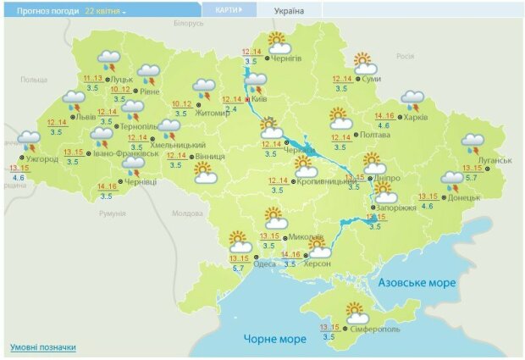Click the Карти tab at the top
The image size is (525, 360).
229,10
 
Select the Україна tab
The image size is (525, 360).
289,11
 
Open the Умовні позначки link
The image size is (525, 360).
43,347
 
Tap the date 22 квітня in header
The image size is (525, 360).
105,12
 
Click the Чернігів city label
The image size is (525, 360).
287,58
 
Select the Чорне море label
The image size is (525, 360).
274,339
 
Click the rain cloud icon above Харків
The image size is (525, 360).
412,101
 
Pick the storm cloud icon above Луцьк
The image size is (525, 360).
109,60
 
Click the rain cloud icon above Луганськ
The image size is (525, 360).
472,143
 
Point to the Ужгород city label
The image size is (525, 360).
42,158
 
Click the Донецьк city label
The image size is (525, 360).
463,197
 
